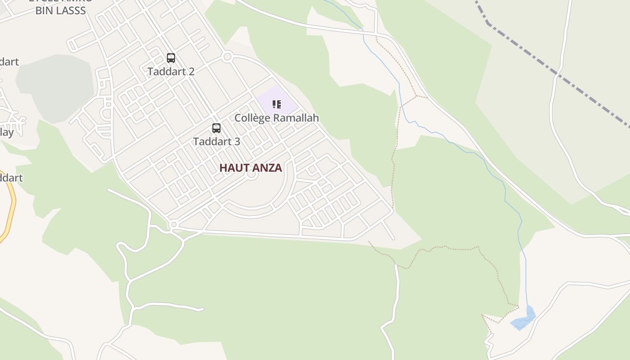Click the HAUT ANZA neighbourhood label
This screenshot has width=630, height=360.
251,168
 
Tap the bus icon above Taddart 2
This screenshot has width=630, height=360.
171,58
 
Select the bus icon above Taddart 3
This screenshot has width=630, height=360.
216,128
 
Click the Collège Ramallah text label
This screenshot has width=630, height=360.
276,118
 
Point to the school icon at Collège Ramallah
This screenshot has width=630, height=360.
277,105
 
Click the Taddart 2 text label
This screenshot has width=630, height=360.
171,72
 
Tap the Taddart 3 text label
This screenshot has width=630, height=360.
216,141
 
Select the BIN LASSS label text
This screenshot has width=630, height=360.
60,11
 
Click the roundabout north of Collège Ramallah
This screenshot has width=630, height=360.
227,57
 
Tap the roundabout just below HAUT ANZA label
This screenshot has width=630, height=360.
252,175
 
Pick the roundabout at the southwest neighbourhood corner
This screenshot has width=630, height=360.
174,224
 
